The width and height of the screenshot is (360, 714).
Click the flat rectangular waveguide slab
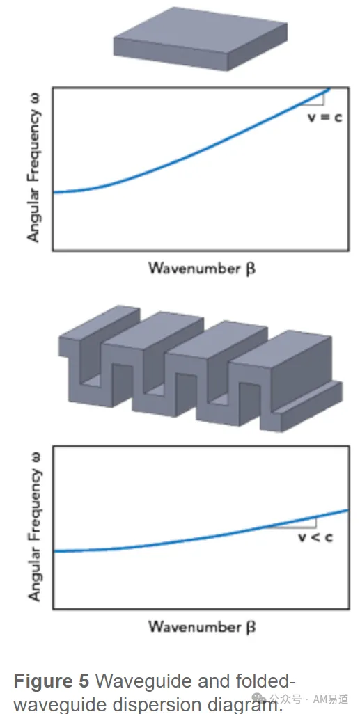tap(201, 39)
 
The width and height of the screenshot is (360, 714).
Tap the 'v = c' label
tap(325, 117)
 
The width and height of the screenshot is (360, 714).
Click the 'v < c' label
tap(315, 537)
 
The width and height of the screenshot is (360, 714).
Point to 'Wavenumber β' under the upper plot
tap(201, 268)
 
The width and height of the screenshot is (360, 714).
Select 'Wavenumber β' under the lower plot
tap(201, 627)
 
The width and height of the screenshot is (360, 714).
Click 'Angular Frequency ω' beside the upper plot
tap(34, 167)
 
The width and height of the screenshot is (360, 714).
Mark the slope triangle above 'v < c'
tap(294, 523)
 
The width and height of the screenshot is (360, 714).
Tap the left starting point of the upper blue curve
tap(54, 193)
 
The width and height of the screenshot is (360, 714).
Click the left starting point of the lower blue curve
tap(54, 551)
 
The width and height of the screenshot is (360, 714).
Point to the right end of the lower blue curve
tap(348, 511)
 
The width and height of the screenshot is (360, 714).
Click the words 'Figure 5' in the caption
tap(52, 681)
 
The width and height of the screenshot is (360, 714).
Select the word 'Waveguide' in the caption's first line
tap(143, 682)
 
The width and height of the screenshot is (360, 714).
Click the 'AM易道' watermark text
tap(330, 699)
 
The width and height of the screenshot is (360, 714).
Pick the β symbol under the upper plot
tap(250, 269)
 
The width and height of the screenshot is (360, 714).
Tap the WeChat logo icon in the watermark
tap(259, 699)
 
